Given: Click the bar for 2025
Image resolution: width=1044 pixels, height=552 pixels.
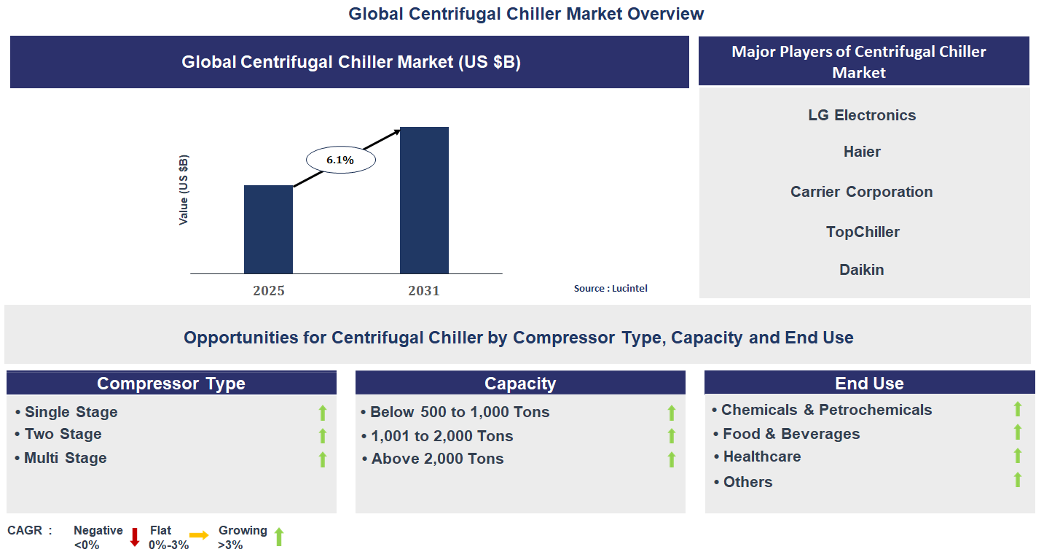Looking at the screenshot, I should (268, 229).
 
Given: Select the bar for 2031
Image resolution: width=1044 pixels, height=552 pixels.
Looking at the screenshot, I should (424, 200).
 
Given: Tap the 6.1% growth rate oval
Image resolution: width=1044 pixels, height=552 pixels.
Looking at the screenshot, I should (340, 160).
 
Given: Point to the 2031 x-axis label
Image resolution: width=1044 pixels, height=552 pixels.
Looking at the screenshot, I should (424, 291).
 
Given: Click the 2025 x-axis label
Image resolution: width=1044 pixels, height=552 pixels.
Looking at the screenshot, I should (269, 291).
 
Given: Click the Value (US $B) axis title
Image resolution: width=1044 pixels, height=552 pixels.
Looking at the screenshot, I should (184, 190).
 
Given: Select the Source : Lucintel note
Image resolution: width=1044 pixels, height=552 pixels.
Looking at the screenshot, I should (611, 289).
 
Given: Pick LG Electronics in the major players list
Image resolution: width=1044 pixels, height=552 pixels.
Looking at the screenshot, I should (862, 115).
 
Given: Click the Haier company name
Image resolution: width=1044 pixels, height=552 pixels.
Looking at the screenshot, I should (862, 152).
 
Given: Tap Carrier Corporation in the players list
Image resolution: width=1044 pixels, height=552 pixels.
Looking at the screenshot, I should (862, 192).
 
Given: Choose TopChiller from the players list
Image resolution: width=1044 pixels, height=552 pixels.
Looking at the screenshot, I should (863, 232).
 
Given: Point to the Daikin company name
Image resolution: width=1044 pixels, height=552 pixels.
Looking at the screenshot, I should (862, 270).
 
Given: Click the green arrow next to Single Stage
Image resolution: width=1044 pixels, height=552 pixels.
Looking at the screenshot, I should (323, 413).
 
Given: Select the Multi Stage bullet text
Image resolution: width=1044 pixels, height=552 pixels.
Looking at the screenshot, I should (65, 458).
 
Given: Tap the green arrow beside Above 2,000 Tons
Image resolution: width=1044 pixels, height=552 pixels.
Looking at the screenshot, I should (672, 459).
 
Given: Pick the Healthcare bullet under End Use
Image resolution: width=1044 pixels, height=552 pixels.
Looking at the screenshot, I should (761, 456).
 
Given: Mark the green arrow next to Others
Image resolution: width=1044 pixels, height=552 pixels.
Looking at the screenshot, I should (1018, 480).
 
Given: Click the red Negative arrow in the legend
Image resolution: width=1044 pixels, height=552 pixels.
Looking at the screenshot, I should (135, 537).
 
